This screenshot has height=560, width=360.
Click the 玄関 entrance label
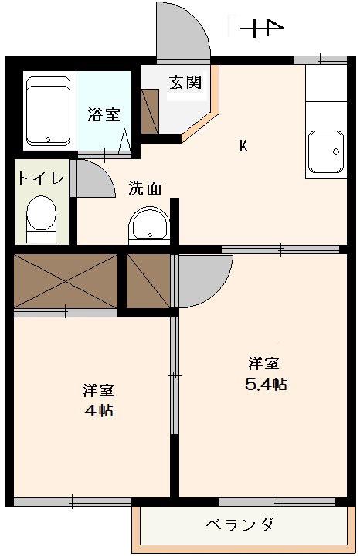click(185, 83)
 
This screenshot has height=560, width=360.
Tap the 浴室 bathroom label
click(104, 114)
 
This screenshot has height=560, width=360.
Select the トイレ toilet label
click(41, 178)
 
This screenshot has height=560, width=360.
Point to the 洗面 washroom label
click(145, 188)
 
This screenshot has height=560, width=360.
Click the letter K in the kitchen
click(243, 146)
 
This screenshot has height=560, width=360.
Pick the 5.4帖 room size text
click(266, 385)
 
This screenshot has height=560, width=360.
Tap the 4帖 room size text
click(99, 411)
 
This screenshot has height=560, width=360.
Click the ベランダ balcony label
click(240, 524)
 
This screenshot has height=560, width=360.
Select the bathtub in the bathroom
click(49, 110)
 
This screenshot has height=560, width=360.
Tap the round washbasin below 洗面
click(149, 224)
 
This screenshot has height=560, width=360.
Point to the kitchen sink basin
click(326, 152)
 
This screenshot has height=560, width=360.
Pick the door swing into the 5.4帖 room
click(205, 280)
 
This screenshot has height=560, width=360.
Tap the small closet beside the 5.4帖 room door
click(148, 280)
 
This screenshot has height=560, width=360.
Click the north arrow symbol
click(262, 28)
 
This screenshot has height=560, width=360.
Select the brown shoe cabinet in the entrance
click(150, 111)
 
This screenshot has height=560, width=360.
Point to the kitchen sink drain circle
click(336, 152)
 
